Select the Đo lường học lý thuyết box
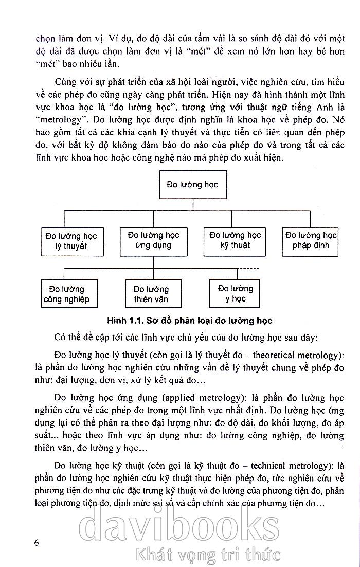(x=71, y=241)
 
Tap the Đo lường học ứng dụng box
(x=153, y=240)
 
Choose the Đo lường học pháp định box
(x=311, y=240)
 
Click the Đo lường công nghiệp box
(x=69, y=294)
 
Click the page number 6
(x=35, y=544)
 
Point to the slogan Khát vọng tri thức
(x=206, y=555)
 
